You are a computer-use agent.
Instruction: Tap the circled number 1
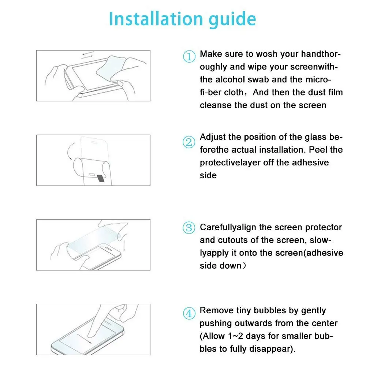tap(189, 56)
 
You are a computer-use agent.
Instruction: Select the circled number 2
tap(189, 142)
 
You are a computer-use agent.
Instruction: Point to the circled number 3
tap(189, 228)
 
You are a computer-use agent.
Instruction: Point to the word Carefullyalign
tap(228, 227)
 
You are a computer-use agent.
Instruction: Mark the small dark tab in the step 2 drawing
tap(101, 178)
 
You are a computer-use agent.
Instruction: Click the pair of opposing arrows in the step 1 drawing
tap(87, 55)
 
